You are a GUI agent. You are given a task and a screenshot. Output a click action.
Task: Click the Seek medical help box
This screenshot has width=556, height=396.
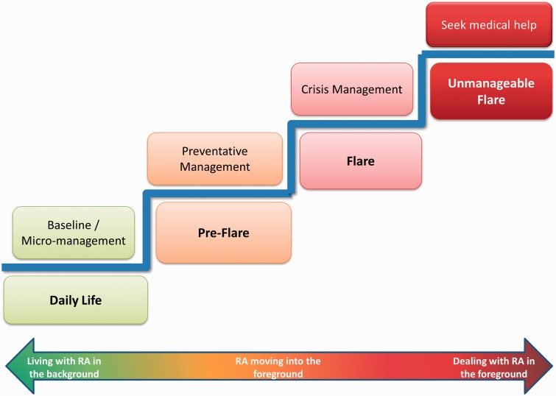489,25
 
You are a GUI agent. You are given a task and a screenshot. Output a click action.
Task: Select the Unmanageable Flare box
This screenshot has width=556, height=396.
491,91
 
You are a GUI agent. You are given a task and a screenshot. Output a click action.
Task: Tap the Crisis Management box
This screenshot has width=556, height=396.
352,89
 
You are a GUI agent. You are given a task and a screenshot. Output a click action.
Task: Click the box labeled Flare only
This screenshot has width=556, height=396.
361,161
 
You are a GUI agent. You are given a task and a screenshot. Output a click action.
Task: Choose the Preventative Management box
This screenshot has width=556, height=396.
215,159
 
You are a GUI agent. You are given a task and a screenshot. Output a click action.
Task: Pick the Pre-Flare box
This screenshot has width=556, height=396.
223,233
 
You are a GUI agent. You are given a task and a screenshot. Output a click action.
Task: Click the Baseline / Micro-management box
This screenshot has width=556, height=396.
74,233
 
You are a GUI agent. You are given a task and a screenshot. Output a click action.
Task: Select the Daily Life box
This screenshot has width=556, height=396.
76,300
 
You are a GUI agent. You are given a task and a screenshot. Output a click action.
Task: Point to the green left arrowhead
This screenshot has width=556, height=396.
20,367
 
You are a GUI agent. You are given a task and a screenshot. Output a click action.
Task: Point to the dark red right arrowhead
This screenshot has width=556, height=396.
538,367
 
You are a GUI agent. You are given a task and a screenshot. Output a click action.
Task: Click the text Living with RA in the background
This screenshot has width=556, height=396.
64,367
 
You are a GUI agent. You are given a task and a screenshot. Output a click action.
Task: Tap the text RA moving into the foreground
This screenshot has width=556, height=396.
278,367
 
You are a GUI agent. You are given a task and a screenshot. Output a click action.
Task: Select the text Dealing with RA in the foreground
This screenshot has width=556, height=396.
493,367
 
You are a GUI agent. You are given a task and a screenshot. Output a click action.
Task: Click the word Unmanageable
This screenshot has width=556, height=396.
491,83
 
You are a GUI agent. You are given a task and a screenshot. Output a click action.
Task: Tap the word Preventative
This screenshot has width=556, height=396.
215,152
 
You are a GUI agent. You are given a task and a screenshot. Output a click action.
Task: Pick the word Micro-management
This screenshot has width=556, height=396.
74,241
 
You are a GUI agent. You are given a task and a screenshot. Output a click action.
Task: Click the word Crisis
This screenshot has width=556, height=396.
315,89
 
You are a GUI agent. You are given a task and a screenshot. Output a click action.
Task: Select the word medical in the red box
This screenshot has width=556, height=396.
490,25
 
